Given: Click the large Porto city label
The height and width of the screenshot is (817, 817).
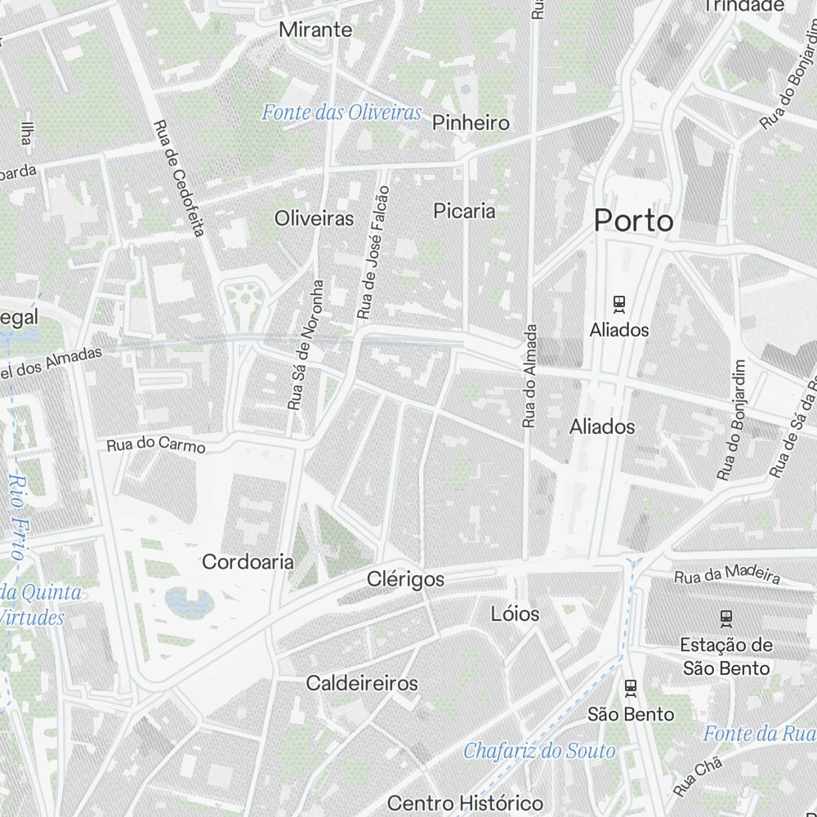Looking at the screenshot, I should click(633, 221).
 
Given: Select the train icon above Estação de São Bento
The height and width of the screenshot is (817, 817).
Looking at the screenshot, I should click(725, 618).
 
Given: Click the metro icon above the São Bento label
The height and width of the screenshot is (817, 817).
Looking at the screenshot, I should click(630, 688).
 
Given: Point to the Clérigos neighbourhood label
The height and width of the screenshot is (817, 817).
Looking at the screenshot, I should click(405, 579).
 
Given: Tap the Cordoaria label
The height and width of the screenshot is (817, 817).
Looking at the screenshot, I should click(247, 562).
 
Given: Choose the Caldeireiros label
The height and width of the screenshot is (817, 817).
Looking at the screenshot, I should click(361, 683).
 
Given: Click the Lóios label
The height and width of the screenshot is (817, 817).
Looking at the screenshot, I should click(515, 613).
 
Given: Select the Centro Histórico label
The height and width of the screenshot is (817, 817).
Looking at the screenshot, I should click(465, 802).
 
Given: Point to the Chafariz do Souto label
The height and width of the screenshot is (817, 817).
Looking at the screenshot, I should click(539, 751).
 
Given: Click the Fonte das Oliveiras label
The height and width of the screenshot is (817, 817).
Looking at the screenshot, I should click(342, 113).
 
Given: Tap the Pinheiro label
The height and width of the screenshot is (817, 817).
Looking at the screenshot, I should click(471, 123).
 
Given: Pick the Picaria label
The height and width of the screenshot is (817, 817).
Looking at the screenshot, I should click(464, 211).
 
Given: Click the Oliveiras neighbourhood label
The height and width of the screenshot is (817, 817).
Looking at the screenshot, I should click(314, 218).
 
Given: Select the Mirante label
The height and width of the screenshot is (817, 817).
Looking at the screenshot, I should click(315, 30).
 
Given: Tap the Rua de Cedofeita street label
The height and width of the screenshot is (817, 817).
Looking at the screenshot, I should click(178, 178).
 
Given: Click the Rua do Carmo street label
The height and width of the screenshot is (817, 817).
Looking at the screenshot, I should click(155, 446).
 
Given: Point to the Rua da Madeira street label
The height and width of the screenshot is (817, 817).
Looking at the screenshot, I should click(726, 574).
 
